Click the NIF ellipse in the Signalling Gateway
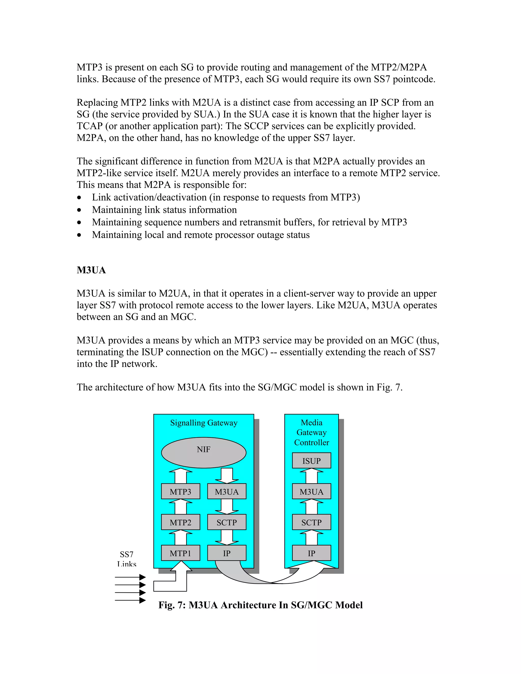coord(204,452)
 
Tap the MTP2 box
coord(181,522)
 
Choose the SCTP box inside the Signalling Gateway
coord(227,522)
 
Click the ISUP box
coord(311,461)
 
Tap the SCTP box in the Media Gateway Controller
coord(311,522)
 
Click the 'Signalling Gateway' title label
coord(204,423)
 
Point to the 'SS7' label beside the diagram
coord(126,554)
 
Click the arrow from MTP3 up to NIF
coord(181,476)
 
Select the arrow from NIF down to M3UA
coord(227,476)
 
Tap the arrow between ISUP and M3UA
coord(311,476)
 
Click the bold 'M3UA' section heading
coord(91,270)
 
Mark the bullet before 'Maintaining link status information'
coord(79,210)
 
